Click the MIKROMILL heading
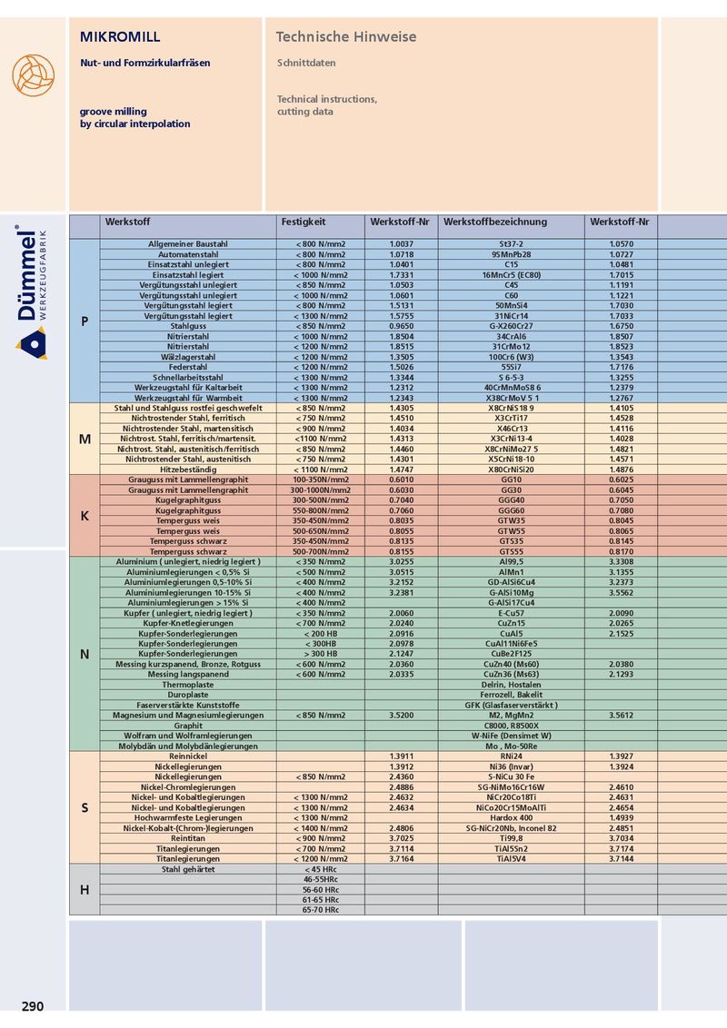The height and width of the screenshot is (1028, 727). [x=120, y=37]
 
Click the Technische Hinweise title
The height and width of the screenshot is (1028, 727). [x=346, y=37]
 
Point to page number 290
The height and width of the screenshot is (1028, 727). [x=32, y=1006]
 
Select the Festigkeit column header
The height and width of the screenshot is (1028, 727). [x=304, y=222]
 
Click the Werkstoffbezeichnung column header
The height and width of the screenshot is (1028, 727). [x=495, y=222]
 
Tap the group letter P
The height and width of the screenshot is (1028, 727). [x=85, y=321]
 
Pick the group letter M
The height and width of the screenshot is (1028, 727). [x=85, y=439]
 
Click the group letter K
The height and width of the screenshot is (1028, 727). [x=85, y=516]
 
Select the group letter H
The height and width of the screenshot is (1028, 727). [x=85, y=889]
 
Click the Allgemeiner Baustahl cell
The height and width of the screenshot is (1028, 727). [x=188, y=244]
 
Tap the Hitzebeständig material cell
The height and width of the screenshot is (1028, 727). [x=188, y=470]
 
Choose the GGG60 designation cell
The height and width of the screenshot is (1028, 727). [x=512, y=510]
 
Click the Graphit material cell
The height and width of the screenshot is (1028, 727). [x=188, y=726]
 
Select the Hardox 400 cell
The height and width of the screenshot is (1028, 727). [x=512, y=817]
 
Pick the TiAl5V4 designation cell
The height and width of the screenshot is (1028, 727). [x=512, y=858]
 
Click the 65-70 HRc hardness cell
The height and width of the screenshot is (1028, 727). [x=321, y=909]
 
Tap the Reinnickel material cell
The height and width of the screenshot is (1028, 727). [x=188, y=756]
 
